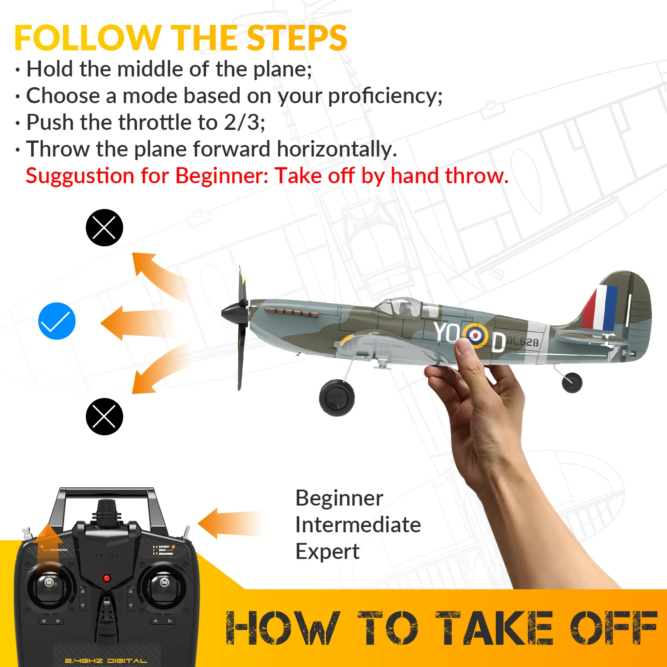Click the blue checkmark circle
(57, 321)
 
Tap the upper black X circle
(104, 228)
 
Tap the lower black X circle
(104, 417)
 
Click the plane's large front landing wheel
(337, 398)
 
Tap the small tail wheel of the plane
(572, 382)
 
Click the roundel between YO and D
(475, 335)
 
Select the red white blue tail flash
(601, 307)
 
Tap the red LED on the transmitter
(106, 578)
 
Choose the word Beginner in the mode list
(339, 498)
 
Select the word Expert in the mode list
(327, 551)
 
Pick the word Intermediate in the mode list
(358, 525)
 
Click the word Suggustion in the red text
(80, 176)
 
